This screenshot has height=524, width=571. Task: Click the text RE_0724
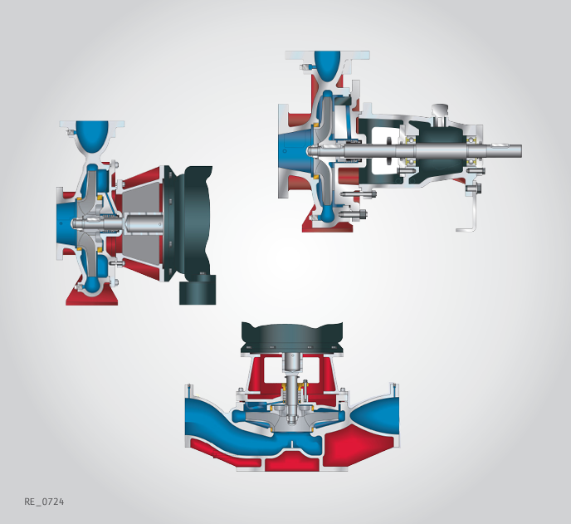point(44,502)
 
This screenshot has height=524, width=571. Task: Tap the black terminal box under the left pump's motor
point(198,290)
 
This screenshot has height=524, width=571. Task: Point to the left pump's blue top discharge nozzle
point(92,137)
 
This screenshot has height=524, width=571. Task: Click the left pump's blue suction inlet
point(66,223)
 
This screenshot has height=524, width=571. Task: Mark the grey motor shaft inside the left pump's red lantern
point(144,223)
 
